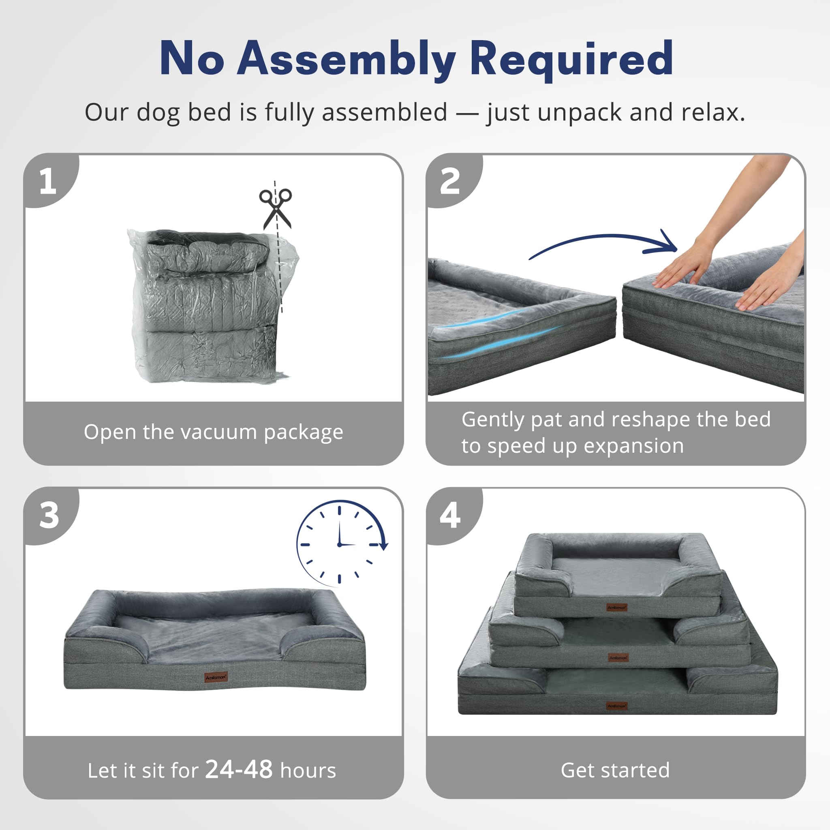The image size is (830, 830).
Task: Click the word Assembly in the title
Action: [x=346, y=59]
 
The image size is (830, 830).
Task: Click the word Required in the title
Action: [x=571, y=59]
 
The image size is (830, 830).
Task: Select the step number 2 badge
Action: [x=450, y=181]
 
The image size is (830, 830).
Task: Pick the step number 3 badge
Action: [x=49, y=515]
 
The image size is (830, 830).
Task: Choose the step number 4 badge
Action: [x=450, y=515]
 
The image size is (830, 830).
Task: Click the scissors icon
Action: [x=275, y=208]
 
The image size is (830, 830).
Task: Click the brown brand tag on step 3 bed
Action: [x=216, y=677]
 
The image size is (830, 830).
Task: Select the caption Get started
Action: [x=615, y=770]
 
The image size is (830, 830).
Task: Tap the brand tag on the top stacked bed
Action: [x=617, y=607]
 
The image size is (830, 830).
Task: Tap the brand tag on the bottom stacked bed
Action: [x=617, y=706]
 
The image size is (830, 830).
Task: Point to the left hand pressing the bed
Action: [x=683, y=266]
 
